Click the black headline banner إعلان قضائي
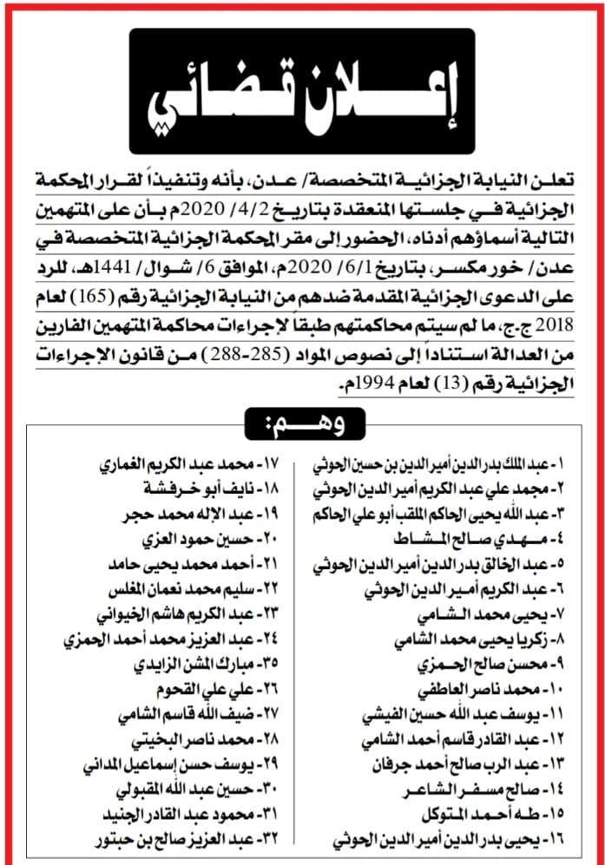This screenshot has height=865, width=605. [302, 91]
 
